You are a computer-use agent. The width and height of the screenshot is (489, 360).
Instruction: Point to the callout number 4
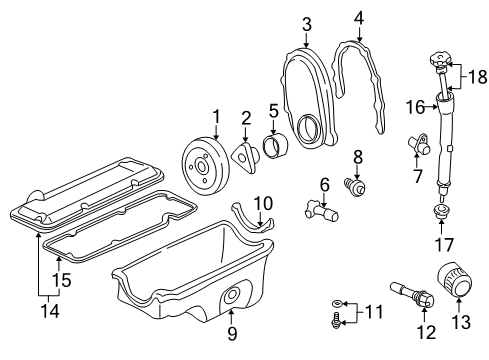(358, 16)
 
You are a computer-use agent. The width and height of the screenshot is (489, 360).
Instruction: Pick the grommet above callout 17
(440, 241)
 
